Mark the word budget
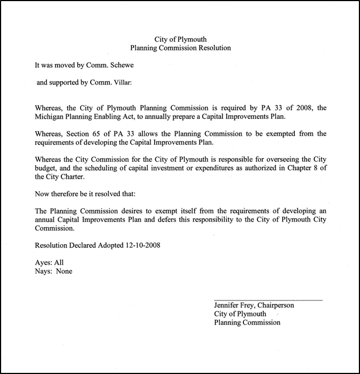pos(46,168)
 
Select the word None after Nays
pos(63,271)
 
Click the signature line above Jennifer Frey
pos(268,299)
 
